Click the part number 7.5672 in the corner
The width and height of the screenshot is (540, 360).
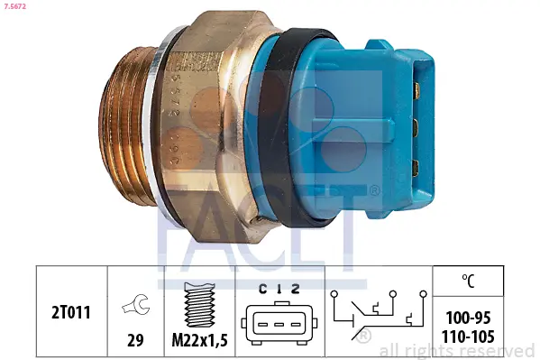pos(14,6)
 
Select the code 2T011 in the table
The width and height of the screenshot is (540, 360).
pos(71,313)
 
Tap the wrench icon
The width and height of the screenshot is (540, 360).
pos(135,304)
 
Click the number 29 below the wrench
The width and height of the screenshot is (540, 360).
pos(135,340)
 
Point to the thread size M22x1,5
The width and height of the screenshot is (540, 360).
pos(200,340)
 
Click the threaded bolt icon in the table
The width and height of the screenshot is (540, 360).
pos(199,305)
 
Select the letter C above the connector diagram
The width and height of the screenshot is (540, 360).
pos(262,289)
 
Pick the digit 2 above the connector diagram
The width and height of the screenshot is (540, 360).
pos(295,289)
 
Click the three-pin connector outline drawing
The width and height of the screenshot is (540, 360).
pos(279,323)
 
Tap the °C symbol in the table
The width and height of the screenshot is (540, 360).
pos(468,281)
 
